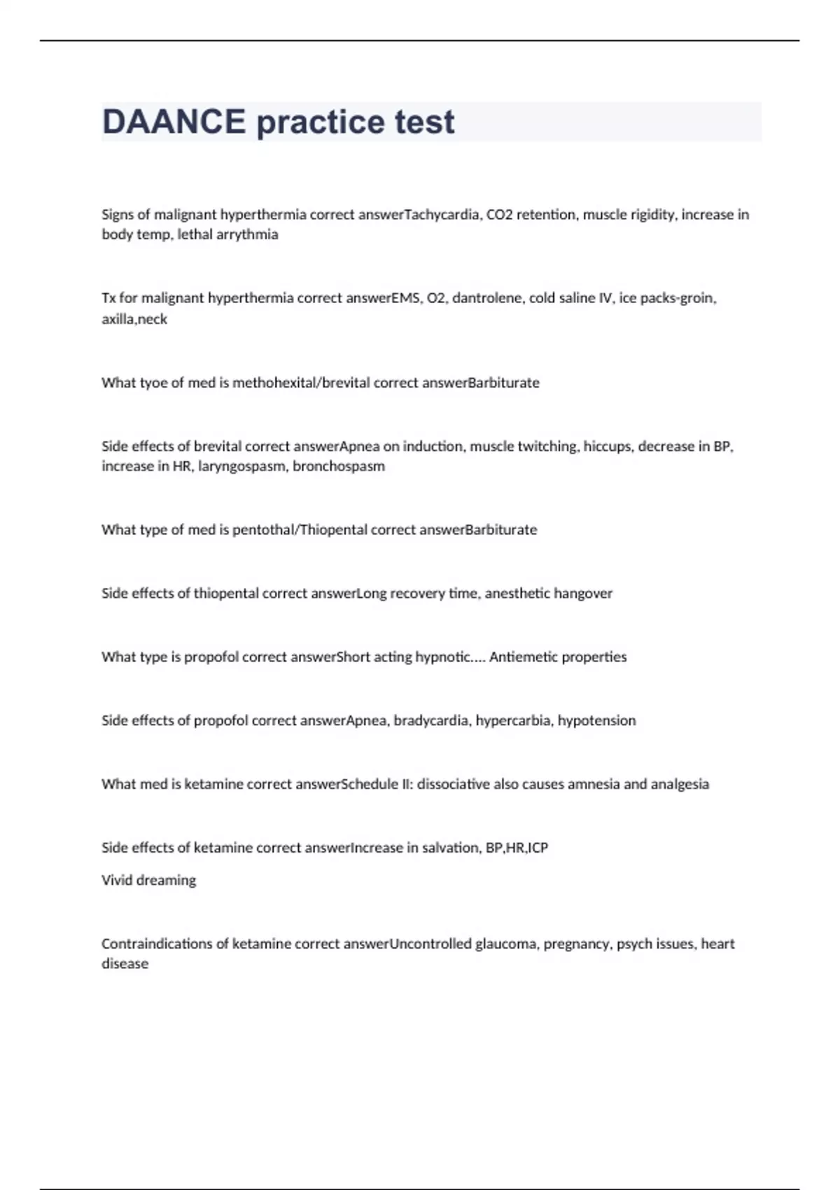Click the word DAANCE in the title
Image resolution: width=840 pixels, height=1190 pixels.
click(174, 122)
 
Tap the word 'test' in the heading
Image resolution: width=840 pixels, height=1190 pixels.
click(425, 122)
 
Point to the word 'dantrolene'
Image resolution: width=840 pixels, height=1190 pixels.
click(487, 298)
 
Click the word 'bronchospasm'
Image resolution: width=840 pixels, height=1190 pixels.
click(339, 466)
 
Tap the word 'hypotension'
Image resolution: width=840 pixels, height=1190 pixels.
click(596, 721)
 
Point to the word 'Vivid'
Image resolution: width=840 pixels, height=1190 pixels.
click(117, 881)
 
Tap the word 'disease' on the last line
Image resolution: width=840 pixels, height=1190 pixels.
click(125, 964)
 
